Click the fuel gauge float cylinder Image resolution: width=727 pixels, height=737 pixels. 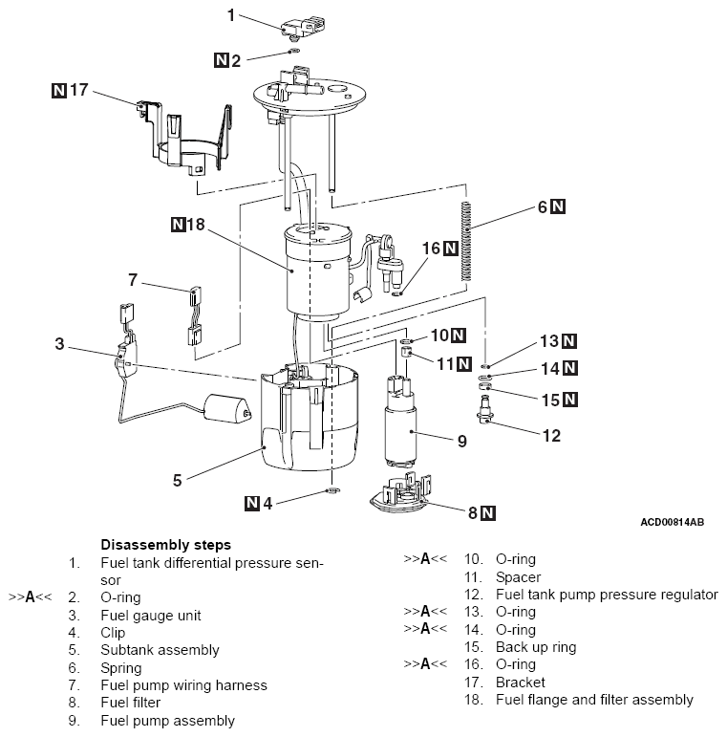pos(226,411)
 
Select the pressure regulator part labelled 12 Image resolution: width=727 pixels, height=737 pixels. pos(488,416)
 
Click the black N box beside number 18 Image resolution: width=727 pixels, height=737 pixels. pos(178,227)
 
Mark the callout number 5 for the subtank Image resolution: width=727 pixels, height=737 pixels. pos(177,478)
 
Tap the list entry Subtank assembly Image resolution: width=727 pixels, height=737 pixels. pos(160,650)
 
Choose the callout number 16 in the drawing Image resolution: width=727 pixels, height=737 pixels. pos(431,249)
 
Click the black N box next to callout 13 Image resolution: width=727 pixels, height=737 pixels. pos(569,341)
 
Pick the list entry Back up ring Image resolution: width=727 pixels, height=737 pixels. pos(536,648)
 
